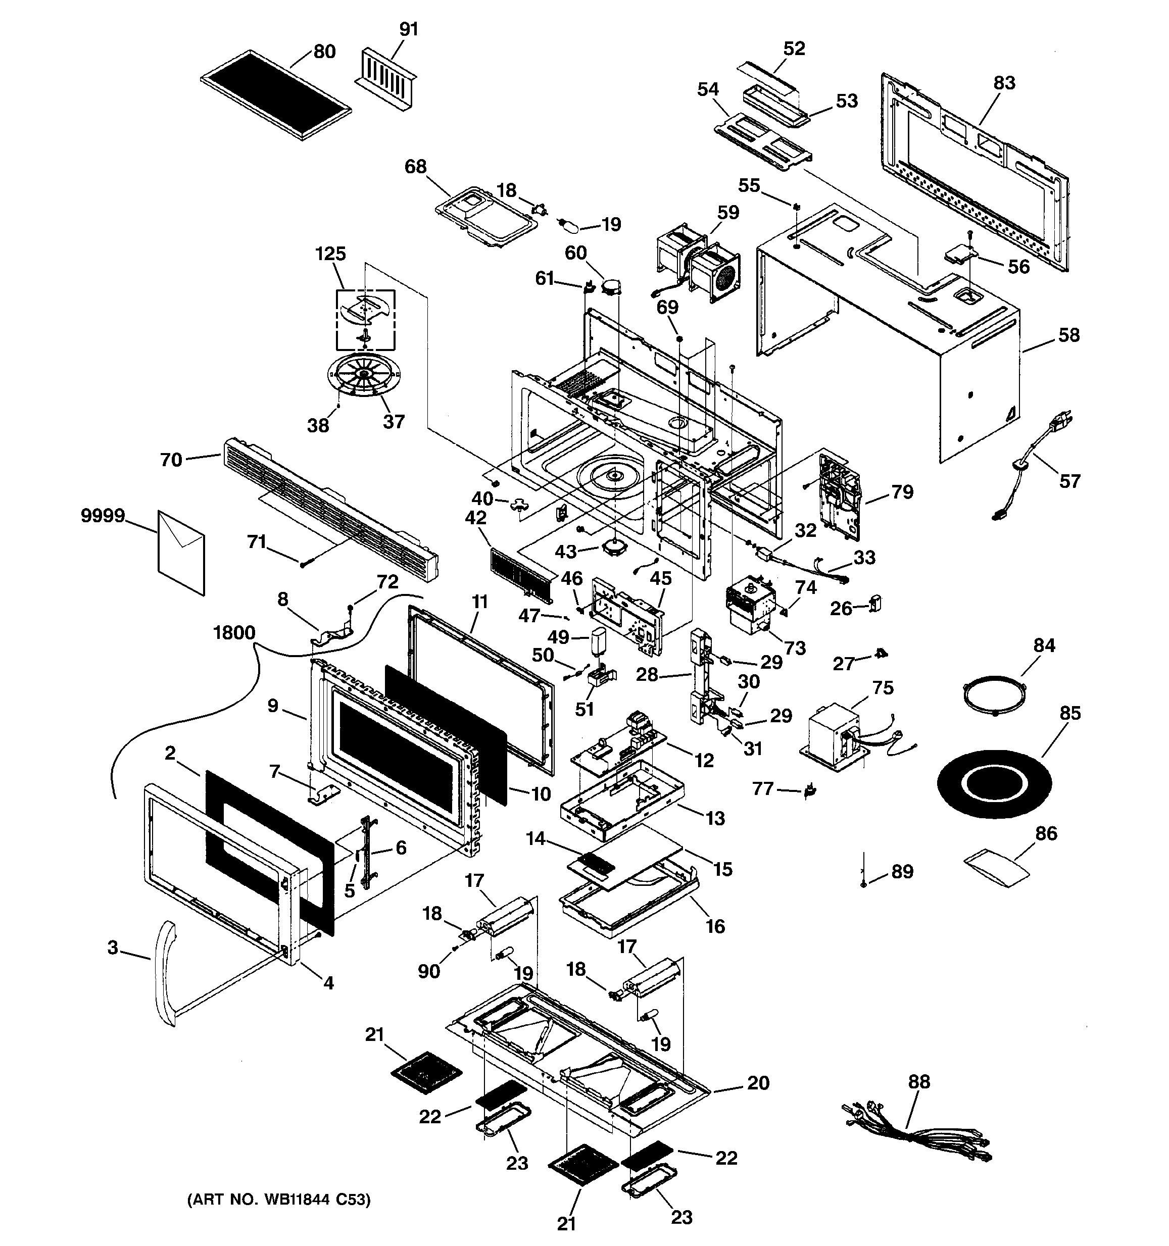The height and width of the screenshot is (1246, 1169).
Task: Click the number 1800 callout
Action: [x=234, y=632]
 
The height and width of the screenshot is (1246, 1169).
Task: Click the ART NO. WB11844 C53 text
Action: [x=279, y=1199]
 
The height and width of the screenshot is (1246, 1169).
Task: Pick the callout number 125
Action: [x=330, y=254]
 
